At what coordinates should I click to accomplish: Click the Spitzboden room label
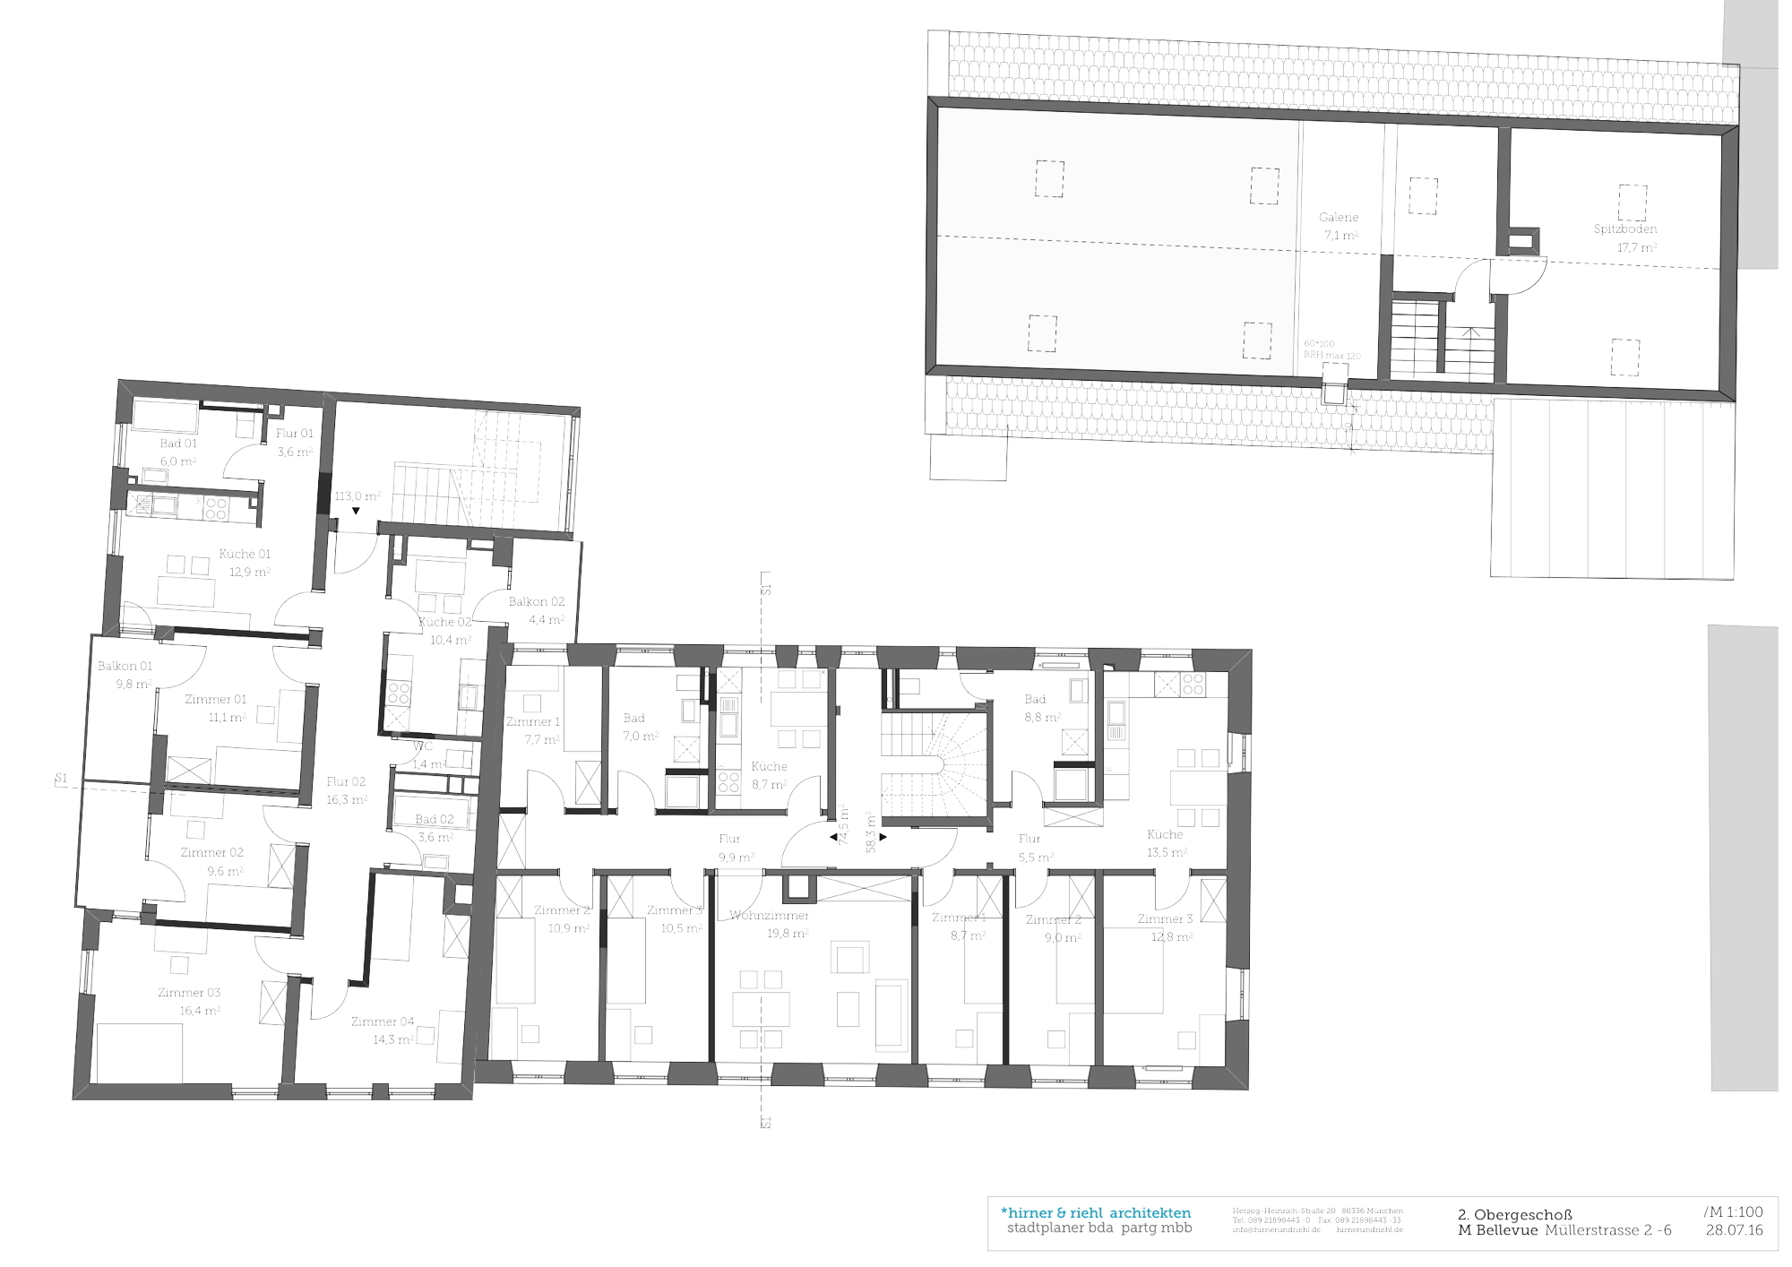click(x=1624, y=229)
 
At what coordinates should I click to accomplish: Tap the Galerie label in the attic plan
click(x=1339, y=218)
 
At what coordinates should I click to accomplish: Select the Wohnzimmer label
click(x=769, y=916)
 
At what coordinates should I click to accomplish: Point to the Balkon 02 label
click(x=537, y=602)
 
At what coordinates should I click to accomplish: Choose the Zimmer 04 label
click(x=383, y=1021)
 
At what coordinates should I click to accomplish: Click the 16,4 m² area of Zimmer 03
click(x=200, y=1011)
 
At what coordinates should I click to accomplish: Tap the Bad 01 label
click(x=178, y=444)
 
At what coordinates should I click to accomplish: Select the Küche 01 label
click(x=245, y=554)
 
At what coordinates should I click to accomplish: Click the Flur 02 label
click(x=346, y=781)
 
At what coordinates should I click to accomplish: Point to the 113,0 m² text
click(x=358, y=496)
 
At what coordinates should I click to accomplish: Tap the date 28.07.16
click(x=1734, y=1230)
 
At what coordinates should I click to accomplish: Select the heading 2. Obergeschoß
click(x=1515, y=1215)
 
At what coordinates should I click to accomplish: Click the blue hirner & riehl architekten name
click(x=1096, y=1213)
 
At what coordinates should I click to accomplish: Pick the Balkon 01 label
click(x=125, y=666)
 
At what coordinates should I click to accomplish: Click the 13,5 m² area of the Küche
click(x=1167, y=853)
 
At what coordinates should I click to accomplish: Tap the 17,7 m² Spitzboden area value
click(x=1636, y=247)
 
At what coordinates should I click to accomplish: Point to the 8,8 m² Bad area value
click(x=1042, y=718)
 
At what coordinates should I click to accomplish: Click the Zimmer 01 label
click(x=215, y=699)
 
